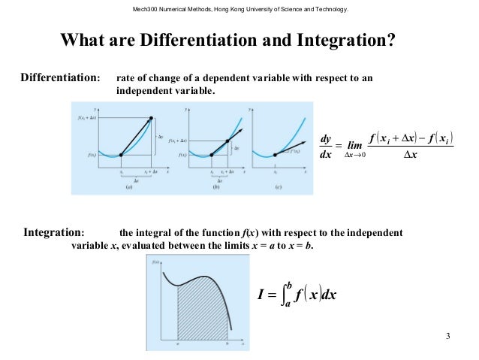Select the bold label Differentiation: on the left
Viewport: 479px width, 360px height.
click(60, 78)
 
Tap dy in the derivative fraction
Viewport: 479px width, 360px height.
click(325, 138)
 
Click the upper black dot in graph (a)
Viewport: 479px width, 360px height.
click(152, 118)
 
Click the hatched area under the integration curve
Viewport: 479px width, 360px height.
click(201, 316)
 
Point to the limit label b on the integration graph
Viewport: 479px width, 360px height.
click(227, 343)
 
